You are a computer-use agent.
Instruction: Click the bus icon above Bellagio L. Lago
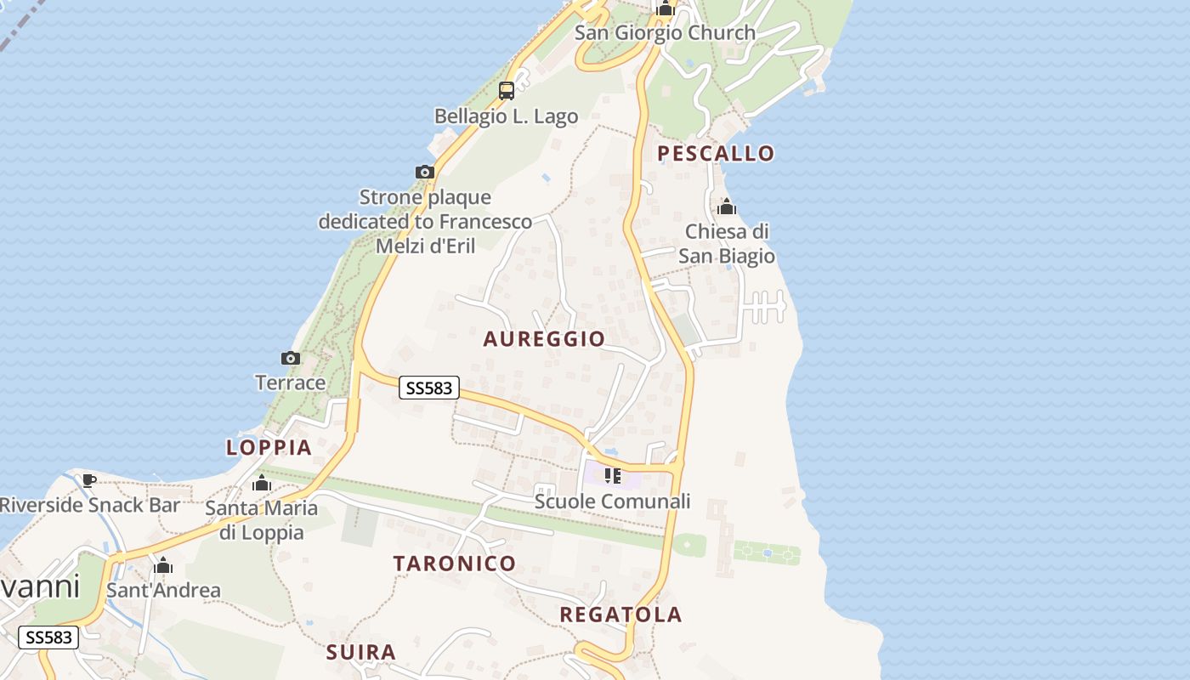[x=507, y=90]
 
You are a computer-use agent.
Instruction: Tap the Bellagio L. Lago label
[x=506, y=116]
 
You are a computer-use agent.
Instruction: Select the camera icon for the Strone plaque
[x=425, y=173]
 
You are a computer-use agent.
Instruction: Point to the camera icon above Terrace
[x=291, y=358]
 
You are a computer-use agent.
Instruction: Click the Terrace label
[x=291, y=382]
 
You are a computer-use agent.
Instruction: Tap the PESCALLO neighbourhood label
[x=717, y=154]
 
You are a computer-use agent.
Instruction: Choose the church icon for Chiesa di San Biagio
[x=727, y=207]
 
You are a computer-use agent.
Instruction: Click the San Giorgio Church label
[x=665, y=33]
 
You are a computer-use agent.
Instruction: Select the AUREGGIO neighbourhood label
[x=544, y=339]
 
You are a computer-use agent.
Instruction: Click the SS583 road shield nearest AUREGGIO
[x=429, y=388]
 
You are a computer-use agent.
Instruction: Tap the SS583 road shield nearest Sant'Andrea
[x=48, y=637]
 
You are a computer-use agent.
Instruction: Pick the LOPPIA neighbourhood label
[x=269, y=447]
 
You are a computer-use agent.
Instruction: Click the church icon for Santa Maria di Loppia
[x=262, y=484]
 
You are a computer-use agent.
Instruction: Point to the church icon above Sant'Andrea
[x=163, y=565]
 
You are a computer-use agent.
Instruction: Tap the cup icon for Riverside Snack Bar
[x=89, y=480]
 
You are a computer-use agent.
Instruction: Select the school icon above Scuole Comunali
[x=612, y=475]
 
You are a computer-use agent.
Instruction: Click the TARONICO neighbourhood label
[x=454, y=563]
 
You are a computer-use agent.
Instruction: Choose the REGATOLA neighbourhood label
[x=620, y=615]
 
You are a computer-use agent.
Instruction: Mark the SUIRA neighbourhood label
[x=361, y=652]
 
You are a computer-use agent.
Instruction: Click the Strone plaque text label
[x=425, y=221]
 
